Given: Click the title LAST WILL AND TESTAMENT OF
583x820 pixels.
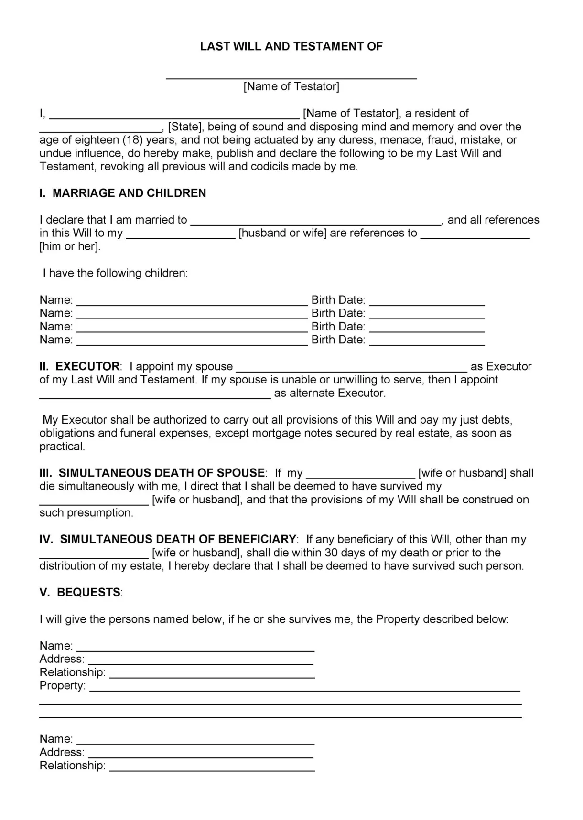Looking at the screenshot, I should (x=291, y=46).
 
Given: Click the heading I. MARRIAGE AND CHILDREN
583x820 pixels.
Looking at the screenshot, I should (x=123, y=193).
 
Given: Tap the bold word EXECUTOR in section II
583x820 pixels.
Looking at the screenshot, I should (x=87, y=366).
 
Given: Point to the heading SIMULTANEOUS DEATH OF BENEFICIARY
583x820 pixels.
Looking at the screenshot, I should (x=178, y=539).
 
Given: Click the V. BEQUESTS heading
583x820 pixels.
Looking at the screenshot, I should (x=81, y=592).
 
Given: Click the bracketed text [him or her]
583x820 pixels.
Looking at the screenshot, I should (x=70, y=246).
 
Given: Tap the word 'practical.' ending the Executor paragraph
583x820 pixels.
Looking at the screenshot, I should (x=62, y=447).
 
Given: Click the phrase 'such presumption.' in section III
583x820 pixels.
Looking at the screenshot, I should (x=86, y=513).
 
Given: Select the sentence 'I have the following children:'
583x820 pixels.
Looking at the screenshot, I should (x=115, y=273).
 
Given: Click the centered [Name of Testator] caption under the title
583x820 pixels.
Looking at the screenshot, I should (x=291, y=86).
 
